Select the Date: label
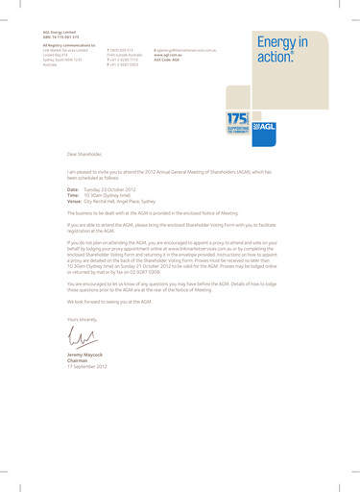[73, 189]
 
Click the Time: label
[73, 195]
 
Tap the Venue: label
[74, 201]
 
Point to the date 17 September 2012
[87, 367]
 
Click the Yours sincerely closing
[83, 317]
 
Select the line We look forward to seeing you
[109, 301]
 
